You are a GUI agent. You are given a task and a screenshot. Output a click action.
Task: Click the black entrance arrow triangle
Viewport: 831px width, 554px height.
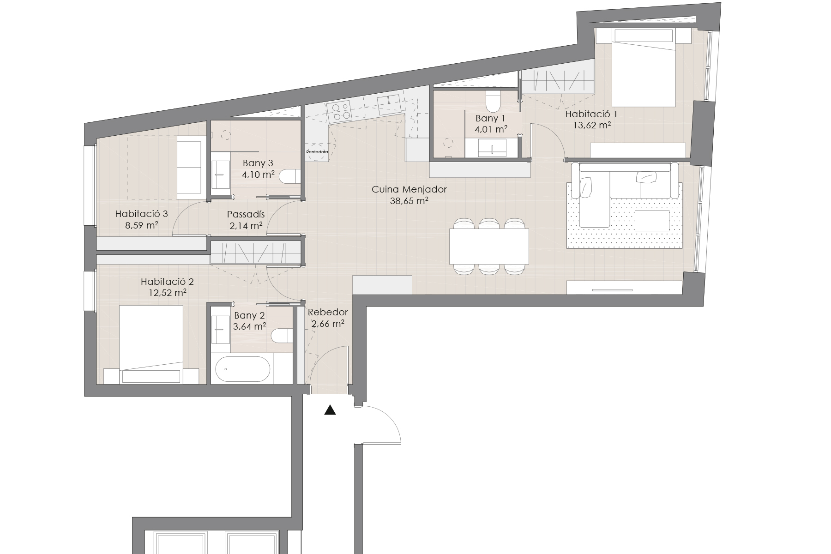330,410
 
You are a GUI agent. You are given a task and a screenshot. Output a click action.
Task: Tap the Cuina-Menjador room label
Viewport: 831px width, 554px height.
409,189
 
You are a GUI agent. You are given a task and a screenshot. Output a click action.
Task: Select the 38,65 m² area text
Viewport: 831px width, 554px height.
409,200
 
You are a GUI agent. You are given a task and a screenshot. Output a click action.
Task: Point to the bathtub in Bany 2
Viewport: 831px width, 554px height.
243,369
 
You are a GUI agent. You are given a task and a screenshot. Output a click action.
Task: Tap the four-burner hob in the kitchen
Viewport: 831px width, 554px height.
339,111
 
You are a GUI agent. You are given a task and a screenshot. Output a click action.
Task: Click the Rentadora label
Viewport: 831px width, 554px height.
317,151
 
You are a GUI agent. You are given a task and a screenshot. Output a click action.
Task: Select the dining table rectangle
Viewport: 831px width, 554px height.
489,246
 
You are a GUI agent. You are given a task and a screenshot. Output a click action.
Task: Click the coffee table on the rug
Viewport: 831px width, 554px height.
652,221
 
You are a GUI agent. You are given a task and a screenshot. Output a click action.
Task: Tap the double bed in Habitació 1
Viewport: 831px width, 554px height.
644,67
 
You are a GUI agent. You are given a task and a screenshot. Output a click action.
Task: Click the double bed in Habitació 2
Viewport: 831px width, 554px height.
151,344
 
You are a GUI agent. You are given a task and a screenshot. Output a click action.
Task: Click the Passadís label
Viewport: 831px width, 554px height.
246,214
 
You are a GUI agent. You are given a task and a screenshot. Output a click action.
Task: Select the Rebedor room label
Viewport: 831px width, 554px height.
328,312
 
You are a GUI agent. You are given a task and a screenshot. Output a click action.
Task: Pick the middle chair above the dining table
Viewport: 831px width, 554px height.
489,223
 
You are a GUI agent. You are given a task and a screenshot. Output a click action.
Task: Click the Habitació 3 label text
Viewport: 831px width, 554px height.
141,214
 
